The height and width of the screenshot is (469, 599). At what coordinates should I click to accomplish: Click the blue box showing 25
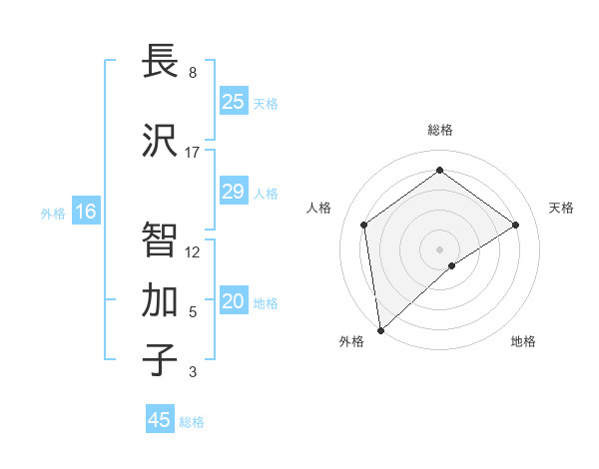[x=234, y=102]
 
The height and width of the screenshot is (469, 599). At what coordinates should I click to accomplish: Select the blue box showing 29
[x=234, y=192]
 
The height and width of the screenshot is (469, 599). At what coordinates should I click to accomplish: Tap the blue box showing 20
[x=234, y=302]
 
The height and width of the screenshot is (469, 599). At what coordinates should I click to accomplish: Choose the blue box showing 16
[x=86, y=212]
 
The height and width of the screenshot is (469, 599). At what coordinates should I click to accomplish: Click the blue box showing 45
[x=160, y=420]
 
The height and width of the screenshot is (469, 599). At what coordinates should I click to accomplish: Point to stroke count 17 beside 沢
[x=193, y=153]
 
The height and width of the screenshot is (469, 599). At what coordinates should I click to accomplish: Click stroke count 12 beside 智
[x=193, y=251]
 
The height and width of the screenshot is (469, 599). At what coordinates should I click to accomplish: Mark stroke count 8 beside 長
[x=193, y=73]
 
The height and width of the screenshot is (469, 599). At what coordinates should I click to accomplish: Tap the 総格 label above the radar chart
[x=440, y=130]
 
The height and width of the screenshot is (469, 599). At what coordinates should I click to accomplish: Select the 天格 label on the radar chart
[x=561, y=208]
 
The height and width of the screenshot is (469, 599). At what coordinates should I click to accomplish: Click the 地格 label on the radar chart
[x=523, y=341]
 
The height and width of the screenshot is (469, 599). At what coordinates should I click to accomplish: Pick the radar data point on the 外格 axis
[x=380, y=329]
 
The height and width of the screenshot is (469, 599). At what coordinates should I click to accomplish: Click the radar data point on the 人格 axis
[x=364, y=225]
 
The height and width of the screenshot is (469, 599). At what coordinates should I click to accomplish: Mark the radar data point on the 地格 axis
[x=452, y=265]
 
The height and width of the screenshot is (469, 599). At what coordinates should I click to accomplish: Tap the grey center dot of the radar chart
[x=440, y=248]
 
